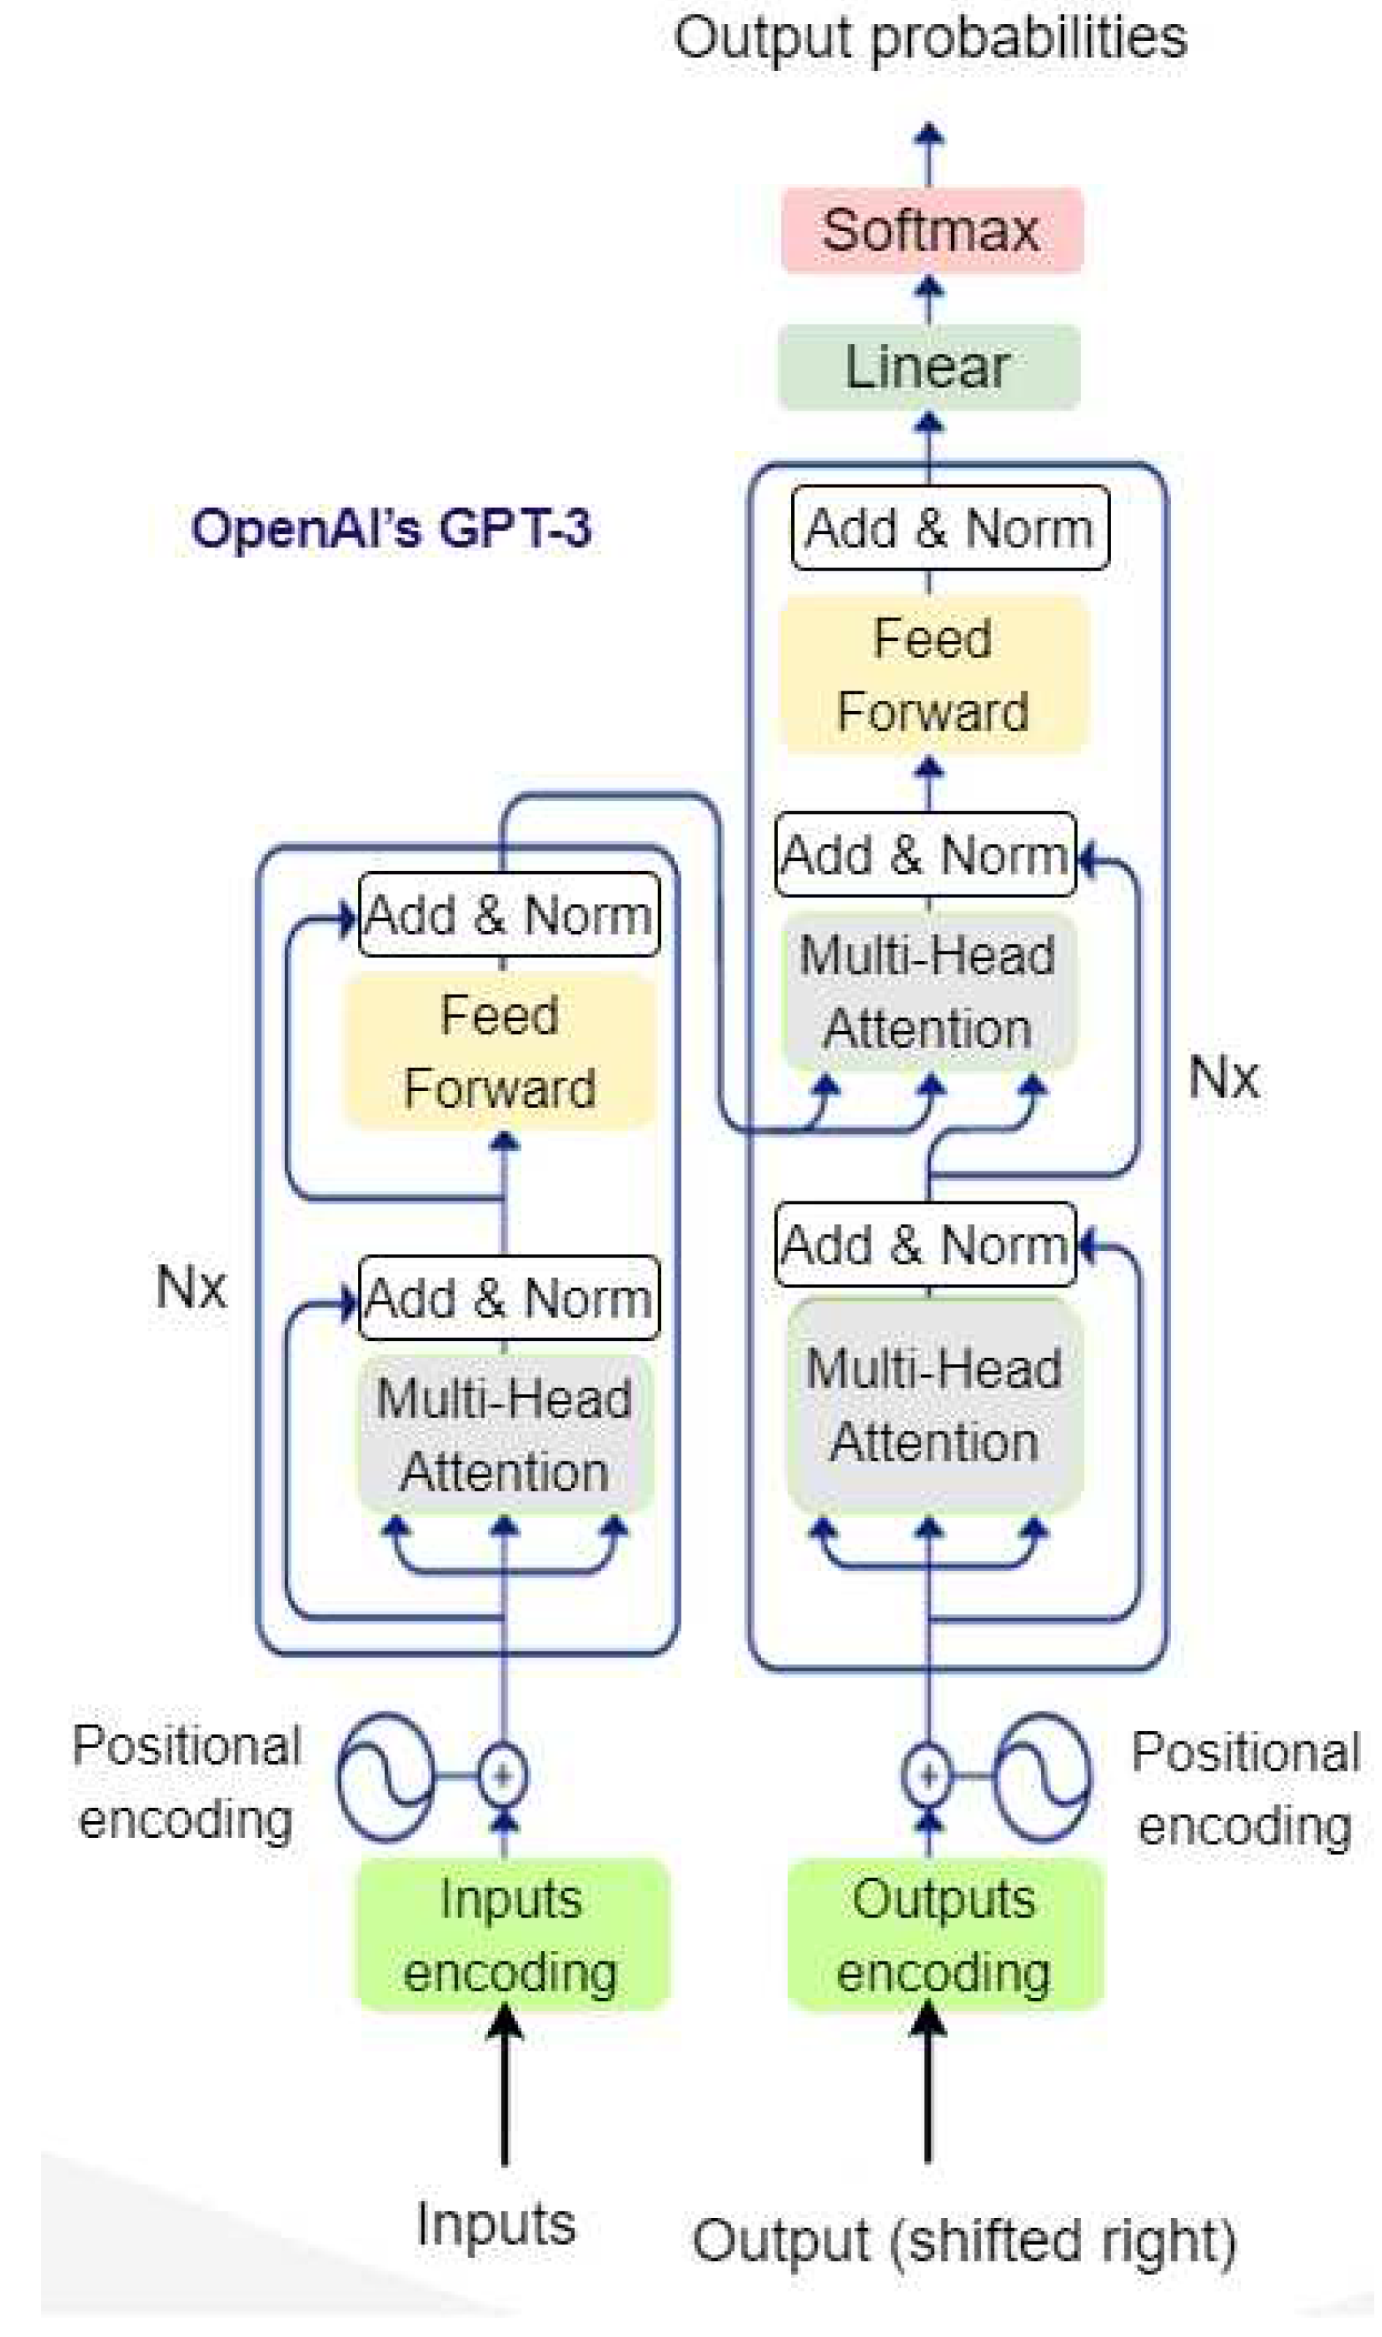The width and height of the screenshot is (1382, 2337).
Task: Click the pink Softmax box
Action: pos(931,230)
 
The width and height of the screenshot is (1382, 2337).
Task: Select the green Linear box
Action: pos(928,367)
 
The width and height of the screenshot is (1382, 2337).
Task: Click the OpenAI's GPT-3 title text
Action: pos(391,528)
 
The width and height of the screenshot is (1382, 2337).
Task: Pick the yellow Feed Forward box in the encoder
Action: pos(500,1052)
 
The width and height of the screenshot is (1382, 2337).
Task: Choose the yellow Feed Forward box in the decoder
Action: pos(933,675)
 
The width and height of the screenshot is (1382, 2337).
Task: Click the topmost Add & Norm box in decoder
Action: pos(950,528)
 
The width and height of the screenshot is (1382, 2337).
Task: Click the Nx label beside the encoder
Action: pos(191,1288)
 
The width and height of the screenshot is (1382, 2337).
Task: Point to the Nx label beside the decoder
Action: pos(1223,1078)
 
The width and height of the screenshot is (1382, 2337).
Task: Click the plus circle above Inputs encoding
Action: pos(503,1775)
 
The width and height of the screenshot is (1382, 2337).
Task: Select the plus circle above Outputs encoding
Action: pos(928,1775)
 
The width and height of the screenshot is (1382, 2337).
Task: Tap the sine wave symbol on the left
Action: pos(386,1776)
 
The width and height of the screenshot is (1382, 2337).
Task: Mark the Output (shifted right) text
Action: pos(964,2240)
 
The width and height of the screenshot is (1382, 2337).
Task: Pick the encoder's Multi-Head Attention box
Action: pos(505,1435)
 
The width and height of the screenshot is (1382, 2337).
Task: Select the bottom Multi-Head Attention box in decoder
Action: pos(934,1405)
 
